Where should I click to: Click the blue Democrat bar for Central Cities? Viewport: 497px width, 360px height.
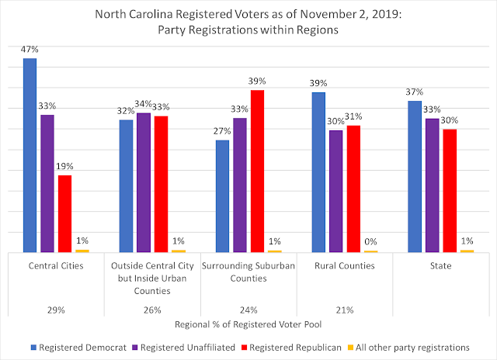(30, 155)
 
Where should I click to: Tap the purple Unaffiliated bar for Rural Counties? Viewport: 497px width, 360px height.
(335, 191)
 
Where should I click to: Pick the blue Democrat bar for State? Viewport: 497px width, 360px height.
(414, 176)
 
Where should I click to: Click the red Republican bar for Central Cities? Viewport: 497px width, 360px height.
(64, 213)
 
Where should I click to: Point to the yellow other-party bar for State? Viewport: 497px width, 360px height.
(467, 251)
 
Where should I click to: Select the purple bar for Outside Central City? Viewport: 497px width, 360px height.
(143, 182)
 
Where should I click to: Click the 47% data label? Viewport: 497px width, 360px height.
(30, 50)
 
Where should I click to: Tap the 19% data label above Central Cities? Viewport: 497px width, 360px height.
(64, 166)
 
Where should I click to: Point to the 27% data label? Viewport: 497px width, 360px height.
(222, 131)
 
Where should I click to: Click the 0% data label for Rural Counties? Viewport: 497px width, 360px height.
(371, 241)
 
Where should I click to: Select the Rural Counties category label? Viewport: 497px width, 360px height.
(345, 265)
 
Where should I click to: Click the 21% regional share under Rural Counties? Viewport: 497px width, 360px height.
(345, 310)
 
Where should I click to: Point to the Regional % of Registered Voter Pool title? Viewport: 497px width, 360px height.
(248, 324)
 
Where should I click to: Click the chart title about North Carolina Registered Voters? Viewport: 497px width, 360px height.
(248, 21)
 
